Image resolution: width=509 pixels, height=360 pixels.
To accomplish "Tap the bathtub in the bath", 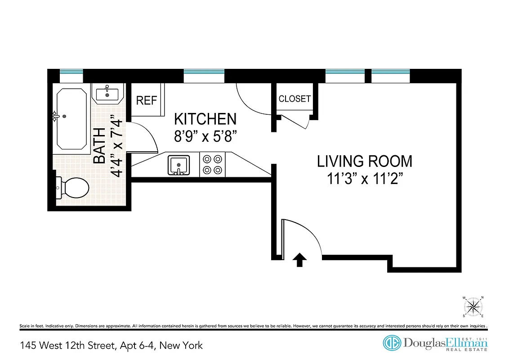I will (x=71, y=119).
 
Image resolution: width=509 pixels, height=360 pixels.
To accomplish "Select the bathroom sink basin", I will (x=107, y=94).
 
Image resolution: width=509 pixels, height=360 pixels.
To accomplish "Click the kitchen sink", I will (x=179, y=165).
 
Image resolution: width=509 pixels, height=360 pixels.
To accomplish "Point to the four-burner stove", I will (x=212, y=165).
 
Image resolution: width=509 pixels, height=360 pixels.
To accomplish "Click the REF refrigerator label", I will (x=147, y=100).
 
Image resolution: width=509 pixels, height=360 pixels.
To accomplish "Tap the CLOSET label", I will (x=295, y=99).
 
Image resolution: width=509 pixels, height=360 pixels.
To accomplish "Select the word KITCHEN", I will (x=205, y=119).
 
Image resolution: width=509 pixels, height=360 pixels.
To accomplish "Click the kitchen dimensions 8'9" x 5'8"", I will (x=205, y=135).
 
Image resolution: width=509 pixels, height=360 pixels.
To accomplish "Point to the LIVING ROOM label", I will (x=364, y=161).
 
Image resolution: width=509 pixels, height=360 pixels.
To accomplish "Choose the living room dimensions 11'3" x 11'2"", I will (x=364, y=179).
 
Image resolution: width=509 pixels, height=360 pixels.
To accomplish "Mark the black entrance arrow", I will (x=299, y=260).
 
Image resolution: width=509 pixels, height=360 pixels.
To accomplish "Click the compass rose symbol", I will (x=473, y=307).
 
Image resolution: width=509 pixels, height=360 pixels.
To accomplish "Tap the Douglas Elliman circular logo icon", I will (x=392, y=343).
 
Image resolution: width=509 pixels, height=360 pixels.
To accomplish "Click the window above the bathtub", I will (x=71, y=72).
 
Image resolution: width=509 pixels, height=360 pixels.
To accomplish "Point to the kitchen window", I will (x=204, y=72).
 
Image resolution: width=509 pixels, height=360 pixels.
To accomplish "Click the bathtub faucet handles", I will (x=56, y=116).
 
